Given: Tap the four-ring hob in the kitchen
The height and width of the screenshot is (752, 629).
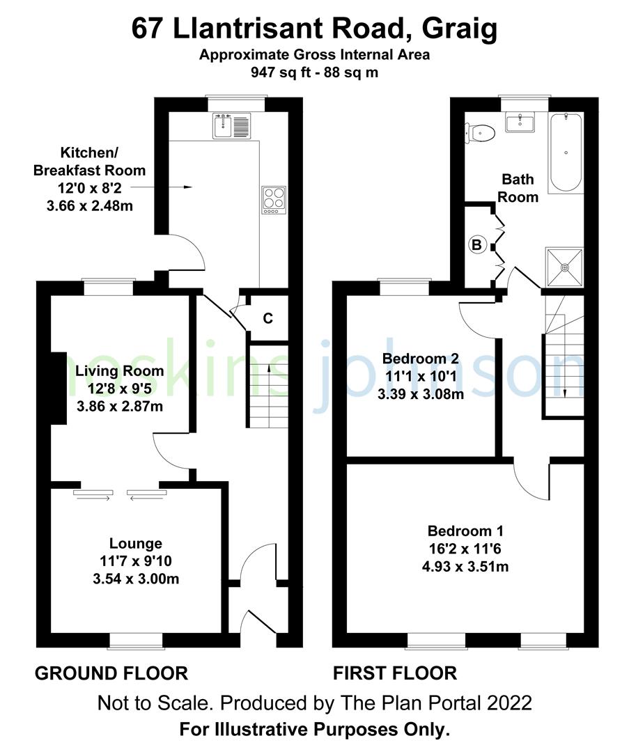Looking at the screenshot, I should (x=272, y=199).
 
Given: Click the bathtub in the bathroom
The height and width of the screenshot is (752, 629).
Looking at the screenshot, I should (x=565, y=153).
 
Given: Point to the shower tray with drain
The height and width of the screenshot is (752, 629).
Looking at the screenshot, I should (x=565, y=265).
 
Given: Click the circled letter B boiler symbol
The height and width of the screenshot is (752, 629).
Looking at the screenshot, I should (x=477, y=244).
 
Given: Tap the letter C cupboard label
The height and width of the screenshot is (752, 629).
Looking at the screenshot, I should (x=267, y=318).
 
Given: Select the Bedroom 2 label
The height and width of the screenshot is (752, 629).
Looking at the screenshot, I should (x=421, y=359).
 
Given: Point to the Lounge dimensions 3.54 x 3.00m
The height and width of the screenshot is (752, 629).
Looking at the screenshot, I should (x=135, y=578).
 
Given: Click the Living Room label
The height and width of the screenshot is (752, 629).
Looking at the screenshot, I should (x=120, y=370).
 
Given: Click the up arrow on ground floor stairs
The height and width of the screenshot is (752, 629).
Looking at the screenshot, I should (x=268, y=369).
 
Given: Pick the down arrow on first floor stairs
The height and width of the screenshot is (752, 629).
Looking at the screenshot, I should (x=564, y=392).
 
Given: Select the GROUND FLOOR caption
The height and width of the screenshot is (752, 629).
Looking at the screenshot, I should (x=111, y=673).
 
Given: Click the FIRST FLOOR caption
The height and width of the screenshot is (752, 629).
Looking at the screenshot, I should (x=395, y=673).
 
